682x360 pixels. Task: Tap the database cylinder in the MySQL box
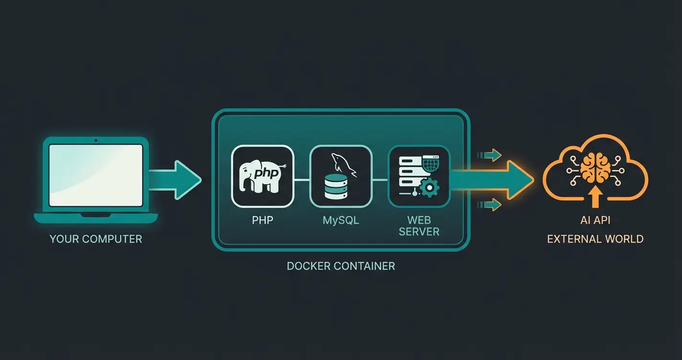point(335,187)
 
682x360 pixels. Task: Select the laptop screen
point(96,175)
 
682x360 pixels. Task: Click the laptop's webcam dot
point(96,140)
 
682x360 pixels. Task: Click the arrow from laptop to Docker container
point(175,180)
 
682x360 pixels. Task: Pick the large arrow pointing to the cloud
point(493,180)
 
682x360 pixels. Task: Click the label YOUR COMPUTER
point(96,239)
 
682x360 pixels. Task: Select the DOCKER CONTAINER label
point(341,266)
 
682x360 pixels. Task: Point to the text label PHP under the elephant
point(262,221)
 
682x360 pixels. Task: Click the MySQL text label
point(341,221)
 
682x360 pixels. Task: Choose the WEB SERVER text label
point(420,226)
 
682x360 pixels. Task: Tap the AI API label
point(595,221)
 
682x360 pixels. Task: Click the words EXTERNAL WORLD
point(595,239)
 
